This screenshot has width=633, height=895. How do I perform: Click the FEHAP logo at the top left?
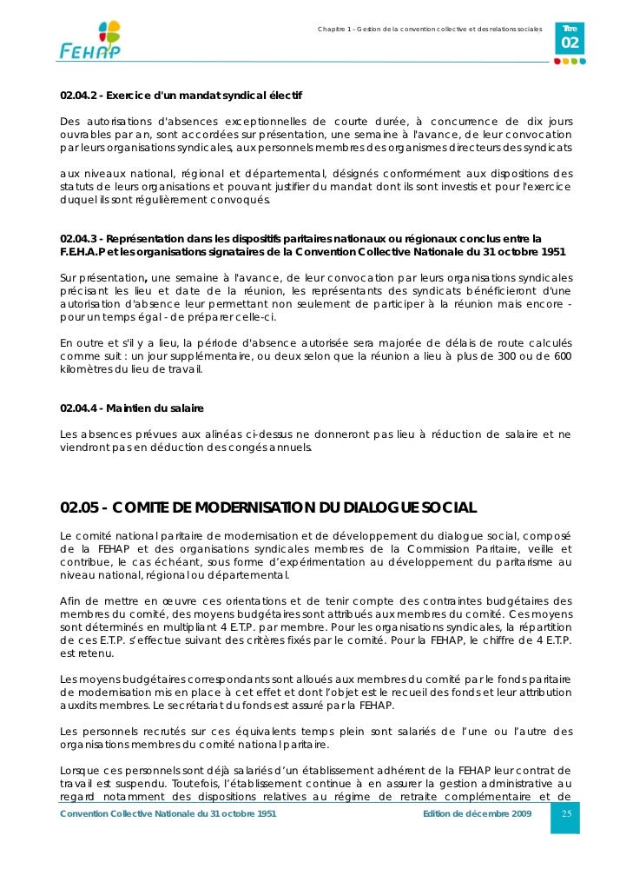(x=90, y=39)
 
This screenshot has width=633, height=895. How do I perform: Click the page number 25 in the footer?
(x=565, y=813)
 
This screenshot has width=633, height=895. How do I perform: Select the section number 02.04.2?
(x=78, y=94)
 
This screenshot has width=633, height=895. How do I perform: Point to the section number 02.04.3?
(x=78, y=238)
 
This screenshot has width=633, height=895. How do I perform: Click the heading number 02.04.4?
(x=78, y=408)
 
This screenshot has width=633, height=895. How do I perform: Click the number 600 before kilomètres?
(x=563, y=356)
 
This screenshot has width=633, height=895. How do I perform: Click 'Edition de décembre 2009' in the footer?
(x=476, y=813)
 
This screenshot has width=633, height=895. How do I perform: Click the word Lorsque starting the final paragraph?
(x=79, y=771)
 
